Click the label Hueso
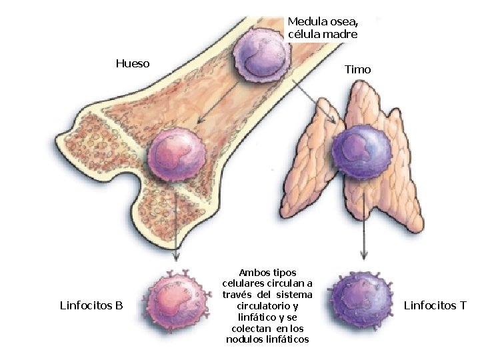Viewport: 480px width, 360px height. coord(132,64)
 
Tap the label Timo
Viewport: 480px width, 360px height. coord(358,69)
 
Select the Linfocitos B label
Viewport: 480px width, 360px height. coord(91,306)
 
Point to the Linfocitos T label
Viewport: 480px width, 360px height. coord(435,306)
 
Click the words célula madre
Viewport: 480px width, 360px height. coord(323,34)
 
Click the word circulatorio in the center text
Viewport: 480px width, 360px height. coord(267,306)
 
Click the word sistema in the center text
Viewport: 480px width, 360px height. coord(294,295)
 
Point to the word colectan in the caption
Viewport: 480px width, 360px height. coord(251,329)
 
